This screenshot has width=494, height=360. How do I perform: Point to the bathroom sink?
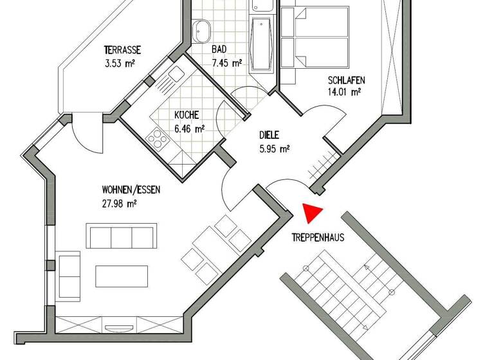202,30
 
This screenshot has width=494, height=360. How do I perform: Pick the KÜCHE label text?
187,115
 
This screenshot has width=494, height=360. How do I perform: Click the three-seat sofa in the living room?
122,237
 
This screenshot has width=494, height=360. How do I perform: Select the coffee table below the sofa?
121,276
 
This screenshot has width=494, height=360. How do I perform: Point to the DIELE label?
270,136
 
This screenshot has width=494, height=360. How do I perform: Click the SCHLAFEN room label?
346,80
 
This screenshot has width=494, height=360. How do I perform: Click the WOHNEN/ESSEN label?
131,190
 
